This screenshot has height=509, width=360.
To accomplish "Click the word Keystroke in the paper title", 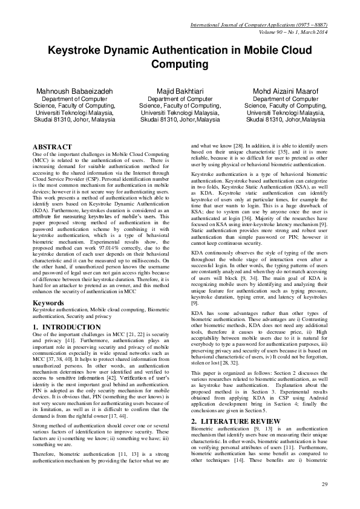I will (75, 50).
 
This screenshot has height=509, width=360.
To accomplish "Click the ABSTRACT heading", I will (51, 147).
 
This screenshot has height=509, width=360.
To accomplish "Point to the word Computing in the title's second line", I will (180, 63).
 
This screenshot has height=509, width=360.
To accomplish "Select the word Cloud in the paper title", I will (297, 50).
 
